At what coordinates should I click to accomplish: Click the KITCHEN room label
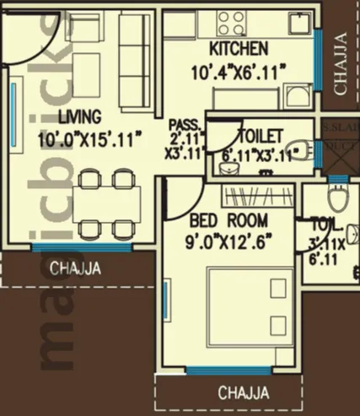pos(240,48)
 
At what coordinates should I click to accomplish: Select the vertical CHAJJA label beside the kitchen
pos(340,63)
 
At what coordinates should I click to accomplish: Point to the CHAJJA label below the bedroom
pos(243,393)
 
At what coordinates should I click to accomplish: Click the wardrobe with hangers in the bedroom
pos(256,197)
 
